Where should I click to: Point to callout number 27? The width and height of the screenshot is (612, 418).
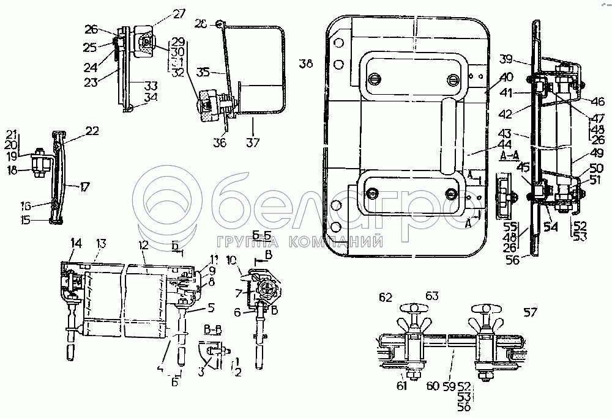point(162,13)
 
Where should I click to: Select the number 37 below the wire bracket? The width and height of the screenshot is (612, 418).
point(253,143)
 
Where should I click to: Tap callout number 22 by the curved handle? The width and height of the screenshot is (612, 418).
point(92,130)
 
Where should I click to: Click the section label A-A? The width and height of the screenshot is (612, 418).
point(510,156)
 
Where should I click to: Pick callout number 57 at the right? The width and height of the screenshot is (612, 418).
point(530,313)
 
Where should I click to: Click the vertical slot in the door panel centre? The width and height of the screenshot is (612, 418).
point(449,134)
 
